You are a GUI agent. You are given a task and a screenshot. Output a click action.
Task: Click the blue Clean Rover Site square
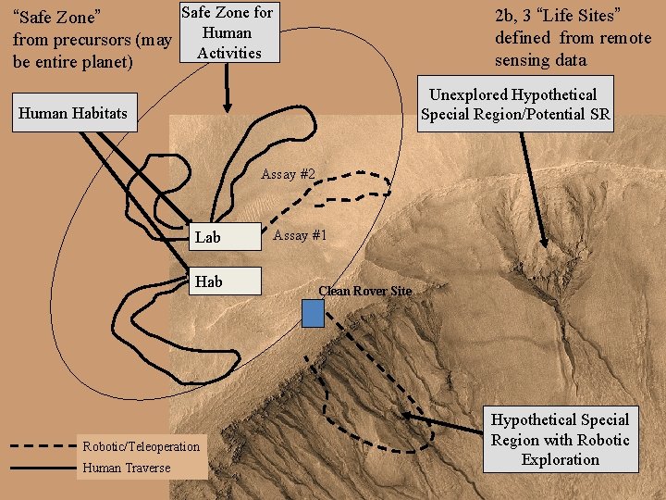314,314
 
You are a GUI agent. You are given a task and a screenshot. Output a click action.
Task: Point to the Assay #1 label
300,235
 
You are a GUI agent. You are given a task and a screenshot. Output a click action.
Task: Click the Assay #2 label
289,174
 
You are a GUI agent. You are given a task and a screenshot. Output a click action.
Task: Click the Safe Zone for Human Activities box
228,32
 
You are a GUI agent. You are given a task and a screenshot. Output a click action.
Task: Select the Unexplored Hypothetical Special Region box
513,105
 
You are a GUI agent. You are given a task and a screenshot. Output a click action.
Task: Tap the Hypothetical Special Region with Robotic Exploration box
560,440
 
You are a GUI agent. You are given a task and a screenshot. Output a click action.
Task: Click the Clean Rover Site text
364,291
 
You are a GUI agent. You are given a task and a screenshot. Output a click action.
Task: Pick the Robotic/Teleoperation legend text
141,446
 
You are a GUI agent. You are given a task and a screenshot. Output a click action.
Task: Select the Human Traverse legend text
127,468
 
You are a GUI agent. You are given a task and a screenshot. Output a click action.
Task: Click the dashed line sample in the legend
43,446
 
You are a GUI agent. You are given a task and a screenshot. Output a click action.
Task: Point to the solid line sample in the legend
43,468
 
